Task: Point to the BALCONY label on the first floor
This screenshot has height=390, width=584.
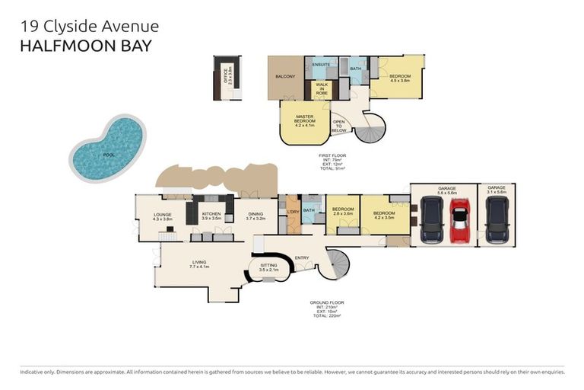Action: (x=285, y=76)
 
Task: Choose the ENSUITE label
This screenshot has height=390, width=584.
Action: (x=320, y=65)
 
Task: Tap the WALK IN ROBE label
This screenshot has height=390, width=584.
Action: (x=322, y=88)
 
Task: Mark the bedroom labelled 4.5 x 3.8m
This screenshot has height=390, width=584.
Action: (x=400, y=78)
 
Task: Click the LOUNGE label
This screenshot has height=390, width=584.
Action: (x=162, y=216)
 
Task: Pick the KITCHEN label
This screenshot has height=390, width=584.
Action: (x=211, y=216)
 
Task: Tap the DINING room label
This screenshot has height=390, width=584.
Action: (x=255, y=216)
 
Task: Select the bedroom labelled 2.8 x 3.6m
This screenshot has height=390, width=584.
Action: (x=342, y=211)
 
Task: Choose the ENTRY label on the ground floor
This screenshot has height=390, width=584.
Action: (x=302, y=257)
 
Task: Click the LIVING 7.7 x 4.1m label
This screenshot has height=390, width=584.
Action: (x=199, y=264)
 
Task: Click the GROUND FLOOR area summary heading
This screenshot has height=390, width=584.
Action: (x=328, y=303)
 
